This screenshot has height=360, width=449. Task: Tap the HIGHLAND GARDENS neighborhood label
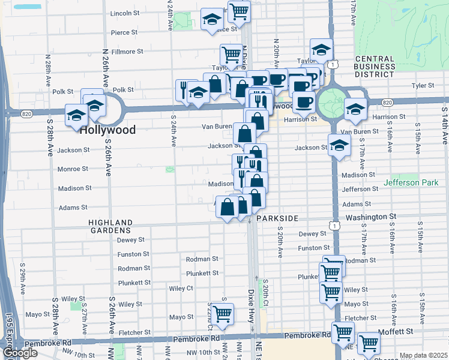tap(110, 226)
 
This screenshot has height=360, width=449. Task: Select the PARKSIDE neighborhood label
tap(277, 219)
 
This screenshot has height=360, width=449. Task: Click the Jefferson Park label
tap(411, 182)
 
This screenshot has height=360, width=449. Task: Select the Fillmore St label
tap(127, 52)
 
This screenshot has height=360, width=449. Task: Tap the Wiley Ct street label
tap(181, 288)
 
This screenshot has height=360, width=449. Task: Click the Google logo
tap(20, 353)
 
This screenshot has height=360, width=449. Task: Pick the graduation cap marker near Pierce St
tap(211, 20)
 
